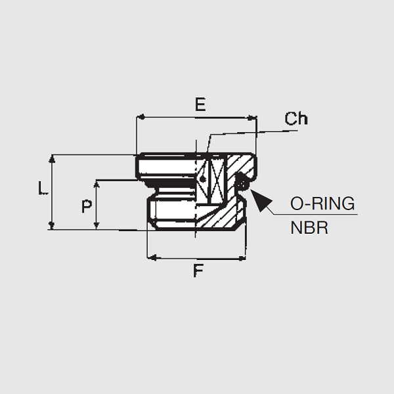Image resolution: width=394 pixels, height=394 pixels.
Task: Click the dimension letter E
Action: [200, 104]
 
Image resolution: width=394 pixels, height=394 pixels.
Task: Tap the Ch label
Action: [295, 119]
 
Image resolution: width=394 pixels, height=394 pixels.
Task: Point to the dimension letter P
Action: [86, 207]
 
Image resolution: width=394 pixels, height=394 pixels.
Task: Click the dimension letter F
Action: [198, 271]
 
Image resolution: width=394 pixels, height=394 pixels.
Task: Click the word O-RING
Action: [322, 203]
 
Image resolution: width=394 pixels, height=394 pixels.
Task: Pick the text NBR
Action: [309, 229]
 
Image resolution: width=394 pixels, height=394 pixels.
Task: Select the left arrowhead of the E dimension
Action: [140, 118]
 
